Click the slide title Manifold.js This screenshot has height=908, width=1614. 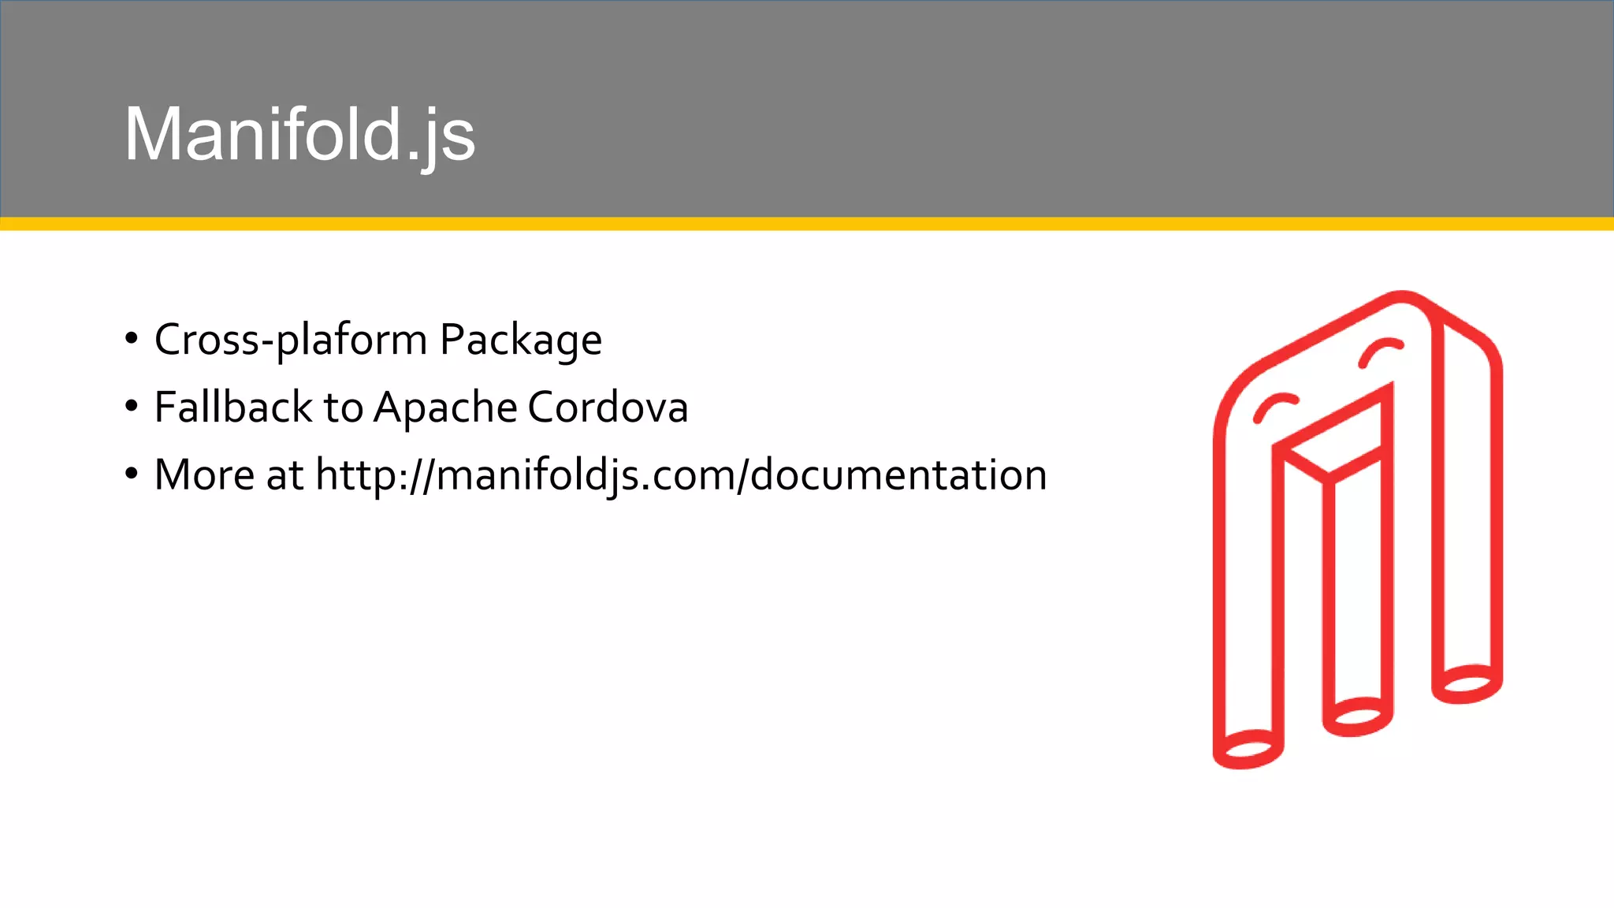(299, 135)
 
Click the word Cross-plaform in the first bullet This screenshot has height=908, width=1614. (291, 340)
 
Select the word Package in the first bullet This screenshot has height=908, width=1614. (521, 341)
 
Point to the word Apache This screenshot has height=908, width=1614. (444, 408)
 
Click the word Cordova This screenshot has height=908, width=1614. (608, 407)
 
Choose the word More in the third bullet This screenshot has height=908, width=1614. (204, 474)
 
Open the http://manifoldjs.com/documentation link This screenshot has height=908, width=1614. (681, 475)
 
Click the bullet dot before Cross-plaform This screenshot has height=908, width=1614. (132, 339)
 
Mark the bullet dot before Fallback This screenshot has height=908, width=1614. (132, 407)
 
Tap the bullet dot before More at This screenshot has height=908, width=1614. (132, 474)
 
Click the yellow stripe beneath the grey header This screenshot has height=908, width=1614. (807, 224)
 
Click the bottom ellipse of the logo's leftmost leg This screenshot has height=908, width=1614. (1248, 748)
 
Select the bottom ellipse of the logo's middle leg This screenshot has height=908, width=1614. (1357, 716)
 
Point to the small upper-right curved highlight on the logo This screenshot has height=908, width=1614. (1380, 351)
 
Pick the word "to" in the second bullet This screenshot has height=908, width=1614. (343, 408)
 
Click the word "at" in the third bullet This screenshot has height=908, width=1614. (284, 475)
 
